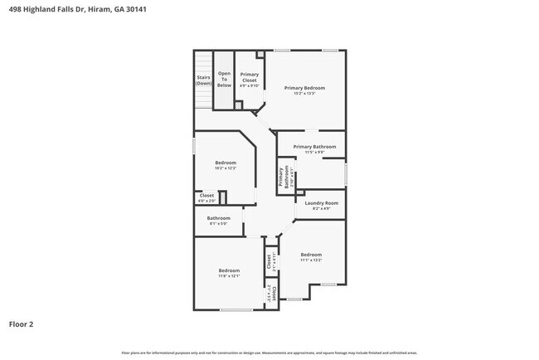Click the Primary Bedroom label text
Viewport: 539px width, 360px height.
tap(304, 87)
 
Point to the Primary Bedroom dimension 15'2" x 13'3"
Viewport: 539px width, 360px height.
tap(304, 93)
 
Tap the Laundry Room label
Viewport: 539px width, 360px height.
tap(321, 202)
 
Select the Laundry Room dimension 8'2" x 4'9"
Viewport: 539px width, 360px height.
tap(321, 208)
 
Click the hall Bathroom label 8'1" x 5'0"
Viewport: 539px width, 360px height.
tap(219, 221)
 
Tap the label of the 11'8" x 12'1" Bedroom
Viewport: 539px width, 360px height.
tap(229, 273)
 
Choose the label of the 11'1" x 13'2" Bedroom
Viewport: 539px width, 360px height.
tap(311, 256)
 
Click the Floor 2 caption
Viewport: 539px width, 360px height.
tap(22, 324)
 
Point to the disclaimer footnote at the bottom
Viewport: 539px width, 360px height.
tap(269, 353)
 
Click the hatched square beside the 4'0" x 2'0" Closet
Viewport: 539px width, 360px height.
tap(222, 197)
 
